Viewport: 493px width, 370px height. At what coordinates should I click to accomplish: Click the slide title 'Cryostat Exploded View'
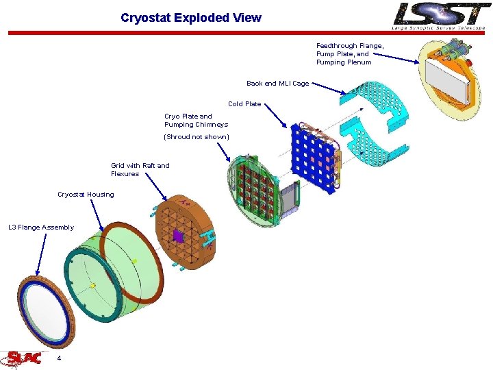point(190,18)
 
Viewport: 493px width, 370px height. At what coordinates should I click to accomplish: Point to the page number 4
point(60,358)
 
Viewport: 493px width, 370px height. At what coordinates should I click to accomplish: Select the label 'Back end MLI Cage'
point(277,84)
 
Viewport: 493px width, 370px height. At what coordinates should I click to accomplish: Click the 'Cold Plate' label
point(244,104)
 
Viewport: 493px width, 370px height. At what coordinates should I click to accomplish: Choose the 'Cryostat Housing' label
point(86,195)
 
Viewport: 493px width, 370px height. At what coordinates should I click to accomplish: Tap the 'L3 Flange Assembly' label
point(41,227)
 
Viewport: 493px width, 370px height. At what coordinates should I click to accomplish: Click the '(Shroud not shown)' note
point(197,137)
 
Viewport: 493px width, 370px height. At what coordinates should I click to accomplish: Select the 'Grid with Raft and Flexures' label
point(140,169)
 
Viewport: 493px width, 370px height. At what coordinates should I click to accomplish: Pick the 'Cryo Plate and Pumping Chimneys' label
point(196,121)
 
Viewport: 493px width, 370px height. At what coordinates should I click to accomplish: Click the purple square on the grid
point(178,236)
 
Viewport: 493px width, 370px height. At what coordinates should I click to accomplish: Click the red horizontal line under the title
point(205,32)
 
